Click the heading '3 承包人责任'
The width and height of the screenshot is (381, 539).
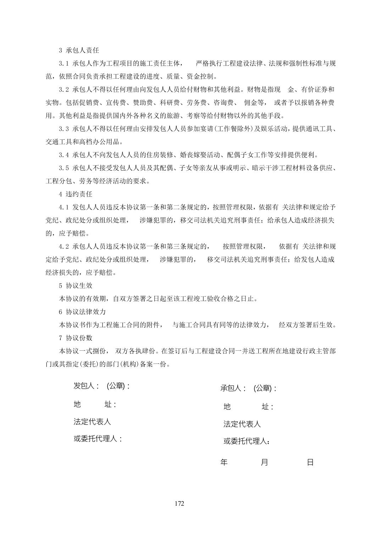pyautogui.click(x=79, y=50)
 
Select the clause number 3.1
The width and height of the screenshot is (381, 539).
pyautogui.click(x=63, y=63)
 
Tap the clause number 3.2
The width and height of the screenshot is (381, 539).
pyautogui.click(x=63, y=90)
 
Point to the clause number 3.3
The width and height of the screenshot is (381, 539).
pyautogui.click(x=63, y=129)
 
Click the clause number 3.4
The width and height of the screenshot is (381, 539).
pyautogui.click(x=63, y=155)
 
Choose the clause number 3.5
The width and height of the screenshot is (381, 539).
pyautogui.click(x=63, y=168)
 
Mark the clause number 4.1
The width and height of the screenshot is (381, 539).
pyautogui.click(x=63, y=207)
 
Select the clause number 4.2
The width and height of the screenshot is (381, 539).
pyautogui.click(x=63, y=246)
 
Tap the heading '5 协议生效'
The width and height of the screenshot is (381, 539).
pyautogui.click(x=75, y=285)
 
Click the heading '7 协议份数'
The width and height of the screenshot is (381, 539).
pyautogui.click(x=75, y=338)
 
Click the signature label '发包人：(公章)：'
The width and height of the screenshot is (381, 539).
pyautogui.click(x=101, y=386)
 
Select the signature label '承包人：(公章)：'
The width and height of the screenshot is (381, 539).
pyautogui.click(x=248, y=388)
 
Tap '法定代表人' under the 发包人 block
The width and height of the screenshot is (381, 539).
pyautogui.click(x=92, y=422)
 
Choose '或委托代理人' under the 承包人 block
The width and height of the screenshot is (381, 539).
pyautogui.click(x=246, y=441)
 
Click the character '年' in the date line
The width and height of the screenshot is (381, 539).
pyautogui.click(x=224, y=462)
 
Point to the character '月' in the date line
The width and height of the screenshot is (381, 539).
pyautogui.click(x=264, y=462)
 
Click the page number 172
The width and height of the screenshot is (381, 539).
pyautogui.click(x=180, y=504)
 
